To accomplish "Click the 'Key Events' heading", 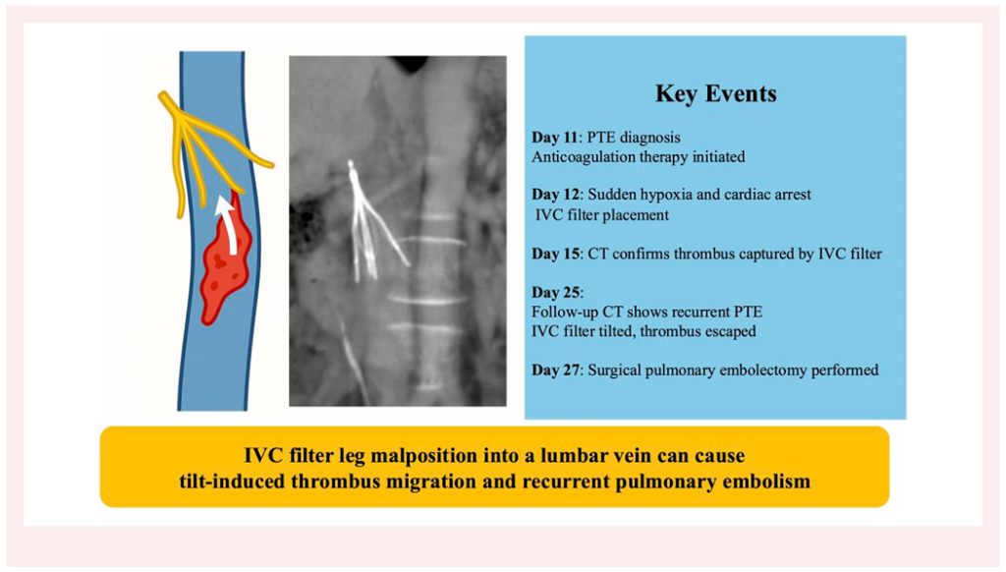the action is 715,93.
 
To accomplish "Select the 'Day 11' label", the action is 554,138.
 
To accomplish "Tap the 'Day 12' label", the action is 556,195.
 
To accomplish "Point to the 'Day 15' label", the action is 556,254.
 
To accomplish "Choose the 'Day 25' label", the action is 556,293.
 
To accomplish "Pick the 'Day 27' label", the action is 556,370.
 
